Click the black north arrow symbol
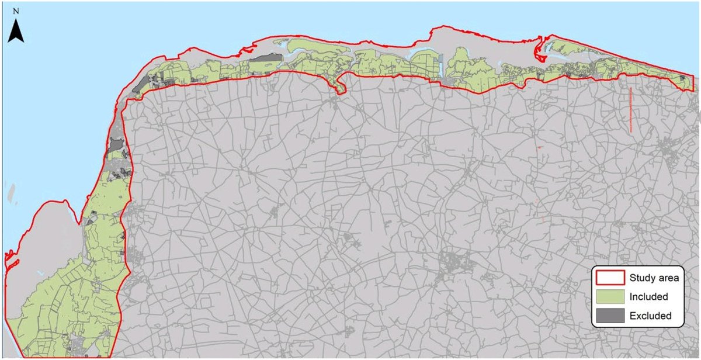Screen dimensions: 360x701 (16, 31)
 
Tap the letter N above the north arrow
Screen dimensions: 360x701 (16, 11)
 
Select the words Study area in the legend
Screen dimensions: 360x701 (654, 278)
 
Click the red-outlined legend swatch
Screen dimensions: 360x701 (609, 278)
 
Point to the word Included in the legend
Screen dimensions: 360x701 (648, 297)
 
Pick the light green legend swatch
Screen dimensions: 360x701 (609, 297)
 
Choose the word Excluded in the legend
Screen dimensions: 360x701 (650, 316)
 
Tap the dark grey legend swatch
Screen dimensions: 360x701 (609, 316)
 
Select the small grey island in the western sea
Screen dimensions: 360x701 (11, 191)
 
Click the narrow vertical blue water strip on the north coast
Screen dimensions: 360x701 (440, 64)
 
